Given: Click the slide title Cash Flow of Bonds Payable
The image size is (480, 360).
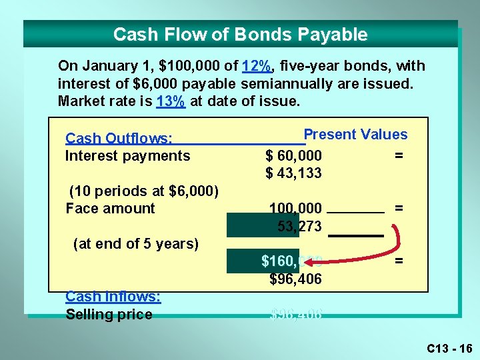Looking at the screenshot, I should coord(240,34).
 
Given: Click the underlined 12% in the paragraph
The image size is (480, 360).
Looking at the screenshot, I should coord(257,66).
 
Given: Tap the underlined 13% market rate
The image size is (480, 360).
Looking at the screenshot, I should coord(170,101).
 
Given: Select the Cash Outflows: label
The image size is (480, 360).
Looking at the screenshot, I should coord(119,139).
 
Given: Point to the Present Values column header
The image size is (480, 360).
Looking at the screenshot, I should coord(355,134).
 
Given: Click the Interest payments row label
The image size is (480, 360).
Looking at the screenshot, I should coord(127,156).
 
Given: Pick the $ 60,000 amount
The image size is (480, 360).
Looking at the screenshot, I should coord(293,156).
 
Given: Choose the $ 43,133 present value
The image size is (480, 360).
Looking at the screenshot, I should coord(293,173).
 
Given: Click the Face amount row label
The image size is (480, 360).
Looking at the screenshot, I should coord(110,208).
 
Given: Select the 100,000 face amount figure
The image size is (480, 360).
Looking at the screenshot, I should coord(295,208).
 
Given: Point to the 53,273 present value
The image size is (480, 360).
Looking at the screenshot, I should coord(299,226).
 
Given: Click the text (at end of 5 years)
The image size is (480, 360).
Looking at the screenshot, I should coord(135,243).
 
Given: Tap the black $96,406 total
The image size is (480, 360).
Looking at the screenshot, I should coord(295,279).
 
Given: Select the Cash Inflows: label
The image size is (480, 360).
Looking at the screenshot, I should coord(113,297).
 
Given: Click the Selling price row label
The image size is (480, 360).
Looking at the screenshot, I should coord(109,314).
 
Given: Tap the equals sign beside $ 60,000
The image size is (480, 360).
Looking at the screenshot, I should coord(399,156).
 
